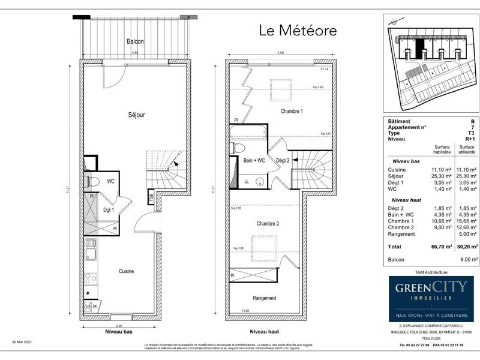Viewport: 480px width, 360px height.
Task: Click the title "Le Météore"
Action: click(x=298, y=29)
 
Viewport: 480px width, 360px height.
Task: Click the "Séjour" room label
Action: click(x=136, y=114)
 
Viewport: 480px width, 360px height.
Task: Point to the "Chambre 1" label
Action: click(x=292, y=112)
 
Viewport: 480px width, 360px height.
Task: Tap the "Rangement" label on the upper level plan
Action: click(x=264, y=298)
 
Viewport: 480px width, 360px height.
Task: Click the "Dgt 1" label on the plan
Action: click(x=109, y=209)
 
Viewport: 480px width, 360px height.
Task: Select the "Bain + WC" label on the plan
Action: click(x=254, y=160)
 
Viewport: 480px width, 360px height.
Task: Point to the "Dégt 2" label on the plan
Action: click(x=283, y=160)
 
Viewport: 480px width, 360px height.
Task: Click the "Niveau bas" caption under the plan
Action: click(x=118, y=331)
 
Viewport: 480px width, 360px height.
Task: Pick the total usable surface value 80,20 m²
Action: click(x=466, y=246)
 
